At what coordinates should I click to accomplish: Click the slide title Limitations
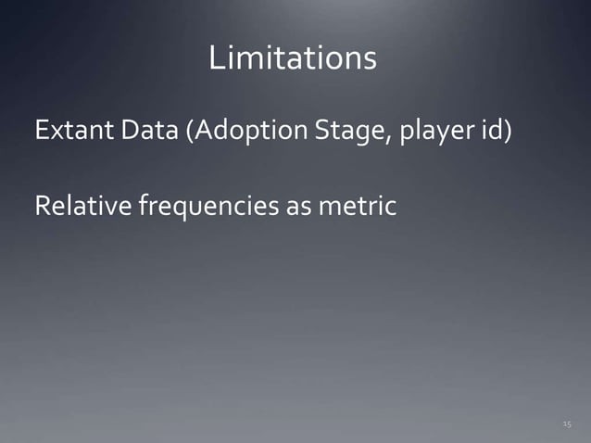coord(293,59)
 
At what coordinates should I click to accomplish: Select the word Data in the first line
coord(145,132)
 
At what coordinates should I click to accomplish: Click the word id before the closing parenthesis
coord(491,132)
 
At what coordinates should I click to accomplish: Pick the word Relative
coord(82,205)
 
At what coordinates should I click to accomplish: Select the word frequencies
coord(206,206)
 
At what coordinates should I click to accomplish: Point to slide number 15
coord(566,424)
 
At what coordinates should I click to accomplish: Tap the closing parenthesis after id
coord(509,133)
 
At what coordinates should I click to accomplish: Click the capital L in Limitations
coord(216,59)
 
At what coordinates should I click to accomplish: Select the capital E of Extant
coord(41,132)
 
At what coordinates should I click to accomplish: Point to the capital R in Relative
coord(42,205)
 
